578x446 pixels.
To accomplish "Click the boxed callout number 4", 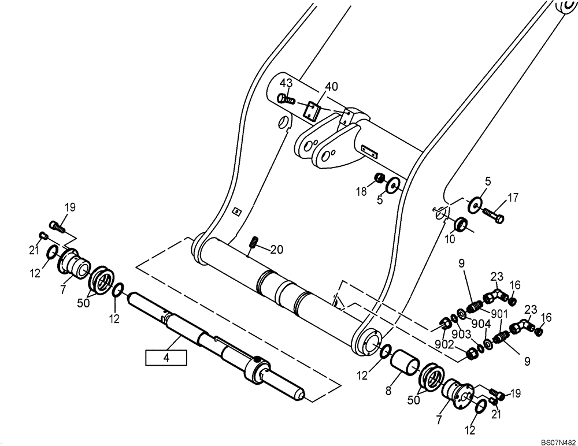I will (x=166, y=358).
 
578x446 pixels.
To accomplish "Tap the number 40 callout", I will (x=331, y=87).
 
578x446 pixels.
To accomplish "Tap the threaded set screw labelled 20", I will (x=253, y=247).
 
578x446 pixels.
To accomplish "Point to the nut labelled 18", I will (x=380, y=178).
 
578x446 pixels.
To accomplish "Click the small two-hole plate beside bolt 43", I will (x=312, y=110).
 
